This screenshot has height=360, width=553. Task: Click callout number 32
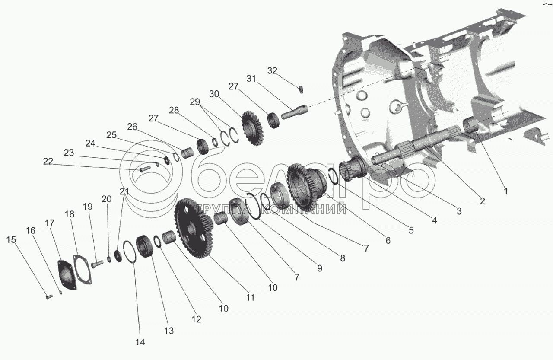[x=272, y=71]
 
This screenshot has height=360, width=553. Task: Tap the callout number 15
[x=11, y=239]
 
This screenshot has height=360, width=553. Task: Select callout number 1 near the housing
[x=505, y=191]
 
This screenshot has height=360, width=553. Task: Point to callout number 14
[x=140, y=342]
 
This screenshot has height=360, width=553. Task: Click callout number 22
[x=48, y=162]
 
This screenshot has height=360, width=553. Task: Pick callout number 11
[x=250, y=297]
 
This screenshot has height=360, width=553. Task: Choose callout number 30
[x=214, y=94]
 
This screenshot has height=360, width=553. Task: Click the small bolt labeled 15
[x=49, y=296]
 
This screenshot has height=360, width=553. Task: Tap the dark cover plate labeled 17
[x=67, y=274]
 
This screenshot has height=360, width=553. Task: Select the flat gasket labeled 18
[x=83, y=270]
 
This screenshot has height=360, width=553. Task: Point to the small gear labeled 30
[x=252, y=128]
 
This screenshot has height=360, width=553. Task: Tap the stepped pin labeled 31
[x=295, y=112]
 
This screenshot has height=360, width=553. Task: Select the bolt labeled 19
[x=97, y=264]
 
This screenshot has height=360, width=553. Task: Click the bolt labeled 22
[x=144, y=169]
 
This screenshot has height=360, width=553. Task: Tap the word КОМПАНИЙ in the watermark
[x=303, y=209]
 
